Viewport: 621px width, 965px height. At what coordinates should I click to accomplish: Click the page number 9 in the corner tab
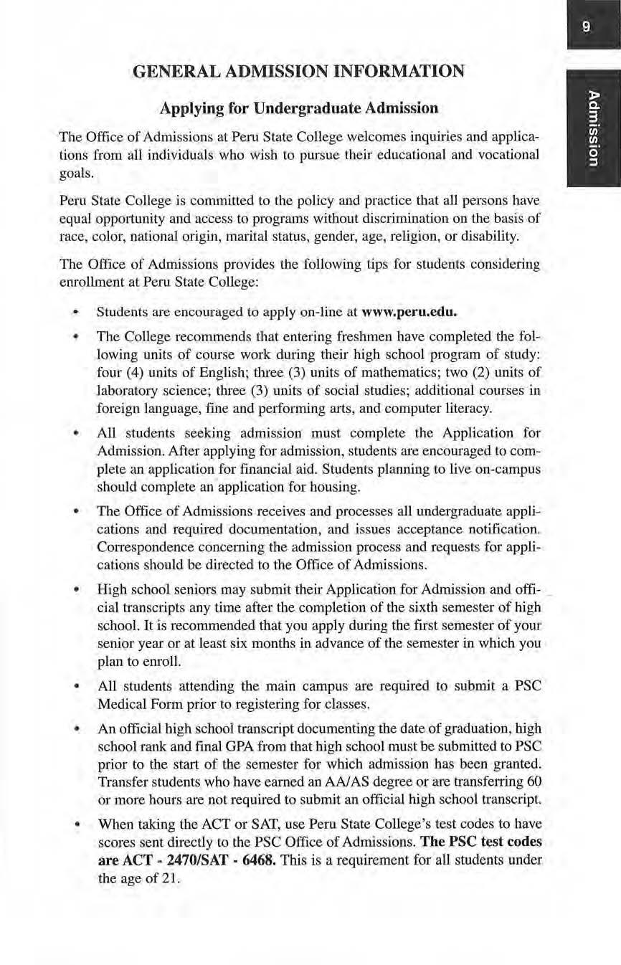click(x=586, y=27)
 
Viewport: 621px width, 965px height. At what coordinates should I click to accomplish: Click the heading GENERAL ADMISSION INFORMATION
click(x=298, y=71)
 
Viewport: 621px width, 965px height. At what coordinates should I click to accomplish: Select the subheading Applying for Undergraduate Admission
click(x=298, y=108)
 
